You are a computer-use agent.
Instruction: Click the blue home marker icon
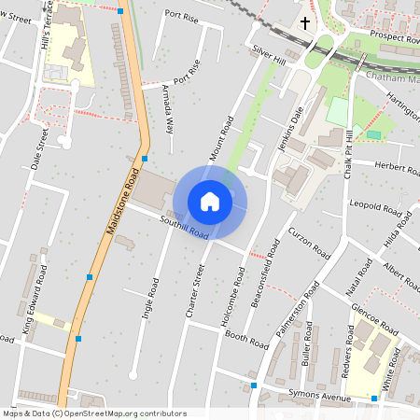click(210, 202)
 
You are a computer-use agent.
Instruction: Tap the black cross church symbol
click(305, 22)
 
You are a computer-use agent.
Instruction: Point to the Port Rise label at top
click(182, 14)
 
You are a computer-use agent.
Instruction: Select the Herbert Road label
click(397, 168)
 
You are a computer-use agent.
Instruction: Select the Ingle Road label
click(150, 299)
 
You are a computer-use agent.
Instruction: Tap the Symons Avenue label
click(318, 395)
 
